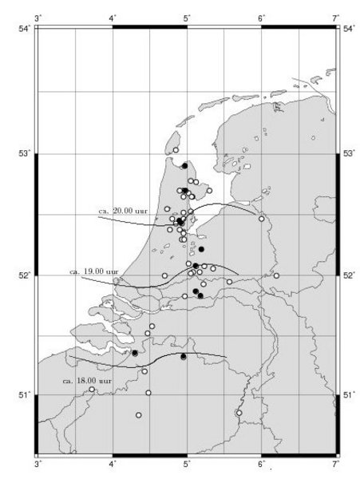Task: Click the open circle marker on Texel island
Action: click(x=176, y=149)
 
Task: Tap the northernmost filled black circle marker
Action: click(x=184, y=165)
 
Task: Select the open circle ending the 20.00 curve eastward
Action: click(x=261, y=218)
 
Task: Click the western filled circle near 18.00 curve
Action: click(x=135, y=353)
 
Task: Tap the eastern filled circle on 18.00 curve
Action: click(x=184, y=357)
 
